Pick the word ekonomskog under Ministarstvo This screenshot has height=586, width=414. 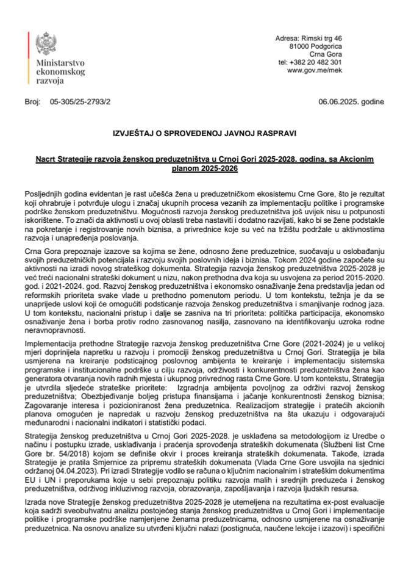coord(60,71)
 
